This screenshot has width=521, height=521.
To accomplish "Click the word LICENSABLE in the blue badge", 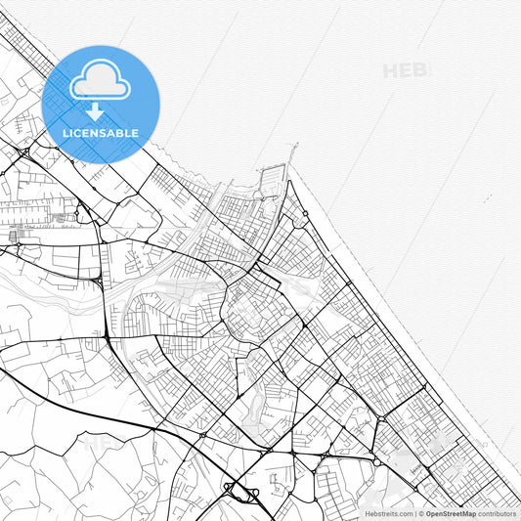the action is (x=101, y=133).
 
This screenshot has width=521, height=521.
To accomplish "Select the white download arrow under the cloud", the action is (x=96, y=109).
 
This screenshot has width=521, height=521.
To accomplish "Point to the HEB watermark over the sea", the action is (x=405, y=70).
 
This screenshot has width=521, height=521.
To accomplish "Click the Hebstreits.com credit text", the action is (x=388, y=513).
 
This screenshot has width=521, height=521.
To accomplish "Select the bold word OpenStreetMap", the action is (x=450, y=513).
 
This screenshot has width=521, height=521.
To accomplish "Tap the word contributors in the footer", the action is (x=497, y=513).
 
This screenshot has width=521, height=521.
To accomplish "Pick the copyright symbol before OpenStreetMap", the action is (x=421, y=513).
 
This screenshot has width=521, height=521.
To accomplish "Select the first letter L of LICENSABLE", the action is (x=65, y=133).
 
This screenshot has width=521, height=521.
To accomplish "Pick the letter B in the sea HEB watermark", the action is (x=420, y=70).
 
